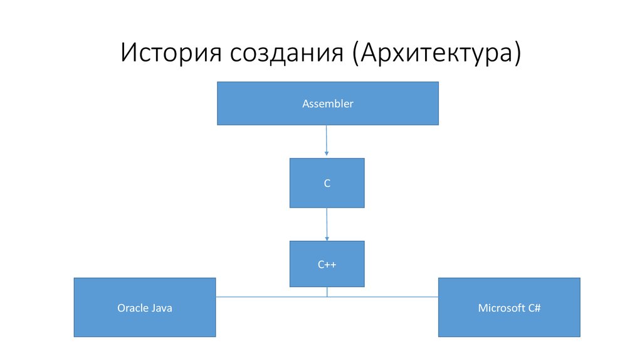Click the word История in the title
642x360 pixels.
point(169,53)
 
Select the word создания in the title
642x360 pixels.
point(284,53)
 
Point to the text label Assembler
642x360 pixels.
point(327,104)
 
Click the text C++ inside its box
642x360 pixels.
point(327,265)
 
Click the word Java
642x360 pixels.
point(161,308)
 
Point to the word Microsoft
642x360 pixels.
point(501,308)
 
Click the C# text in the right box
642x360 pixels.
point(534,308)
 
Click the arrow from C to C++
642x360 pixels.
point(327,222)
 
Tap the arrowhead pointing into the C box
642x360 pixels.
point(327,154)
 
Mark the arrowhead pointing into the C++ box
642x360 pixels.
point(327,238)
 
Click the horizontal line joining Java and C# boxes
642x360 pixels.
point(389,297)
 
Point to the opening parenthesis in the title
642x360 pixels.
point(355,53)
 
